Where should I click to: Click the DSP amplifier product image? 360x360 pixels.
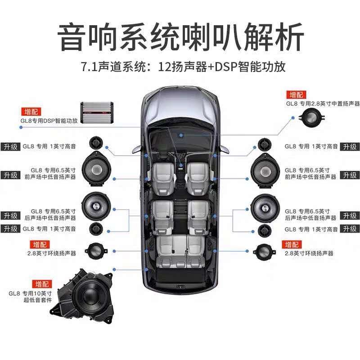coord(97,113)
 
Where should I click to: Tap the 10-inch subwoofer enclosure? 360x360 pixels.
coord(83,296)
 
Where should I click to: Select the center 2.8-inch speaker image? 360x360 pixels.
coord(312,118)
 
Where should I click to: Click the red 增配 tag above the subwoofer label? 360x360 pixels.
coord(42,284)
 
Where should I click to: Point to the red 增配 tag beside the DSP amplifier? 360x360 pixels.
coord(31,112)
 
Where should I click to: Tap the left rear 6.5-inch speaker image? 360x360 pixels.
coord(96,206)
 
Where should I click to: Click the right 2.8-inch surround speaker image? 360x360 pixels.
coord(264,252)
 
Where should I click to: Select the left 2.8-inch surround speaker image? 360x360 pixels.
coord(96,251)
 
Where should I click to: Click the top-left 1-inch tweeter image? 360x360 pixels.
coord(96,143)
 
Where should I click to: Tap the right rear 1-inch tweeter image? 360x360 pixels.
coord(265,230)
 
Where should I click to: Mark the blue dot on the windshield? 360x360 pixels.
coord(181,135)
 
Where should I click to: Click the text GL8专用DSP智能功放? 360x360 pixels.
coord(49,121)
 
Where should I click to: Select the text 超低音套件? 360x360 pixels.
coord(37,300)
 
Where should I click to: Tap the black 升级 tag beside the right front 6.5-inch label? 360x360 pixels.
coord(350,175)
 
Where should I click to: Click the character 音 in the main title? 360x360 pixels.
coord(72,37)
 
